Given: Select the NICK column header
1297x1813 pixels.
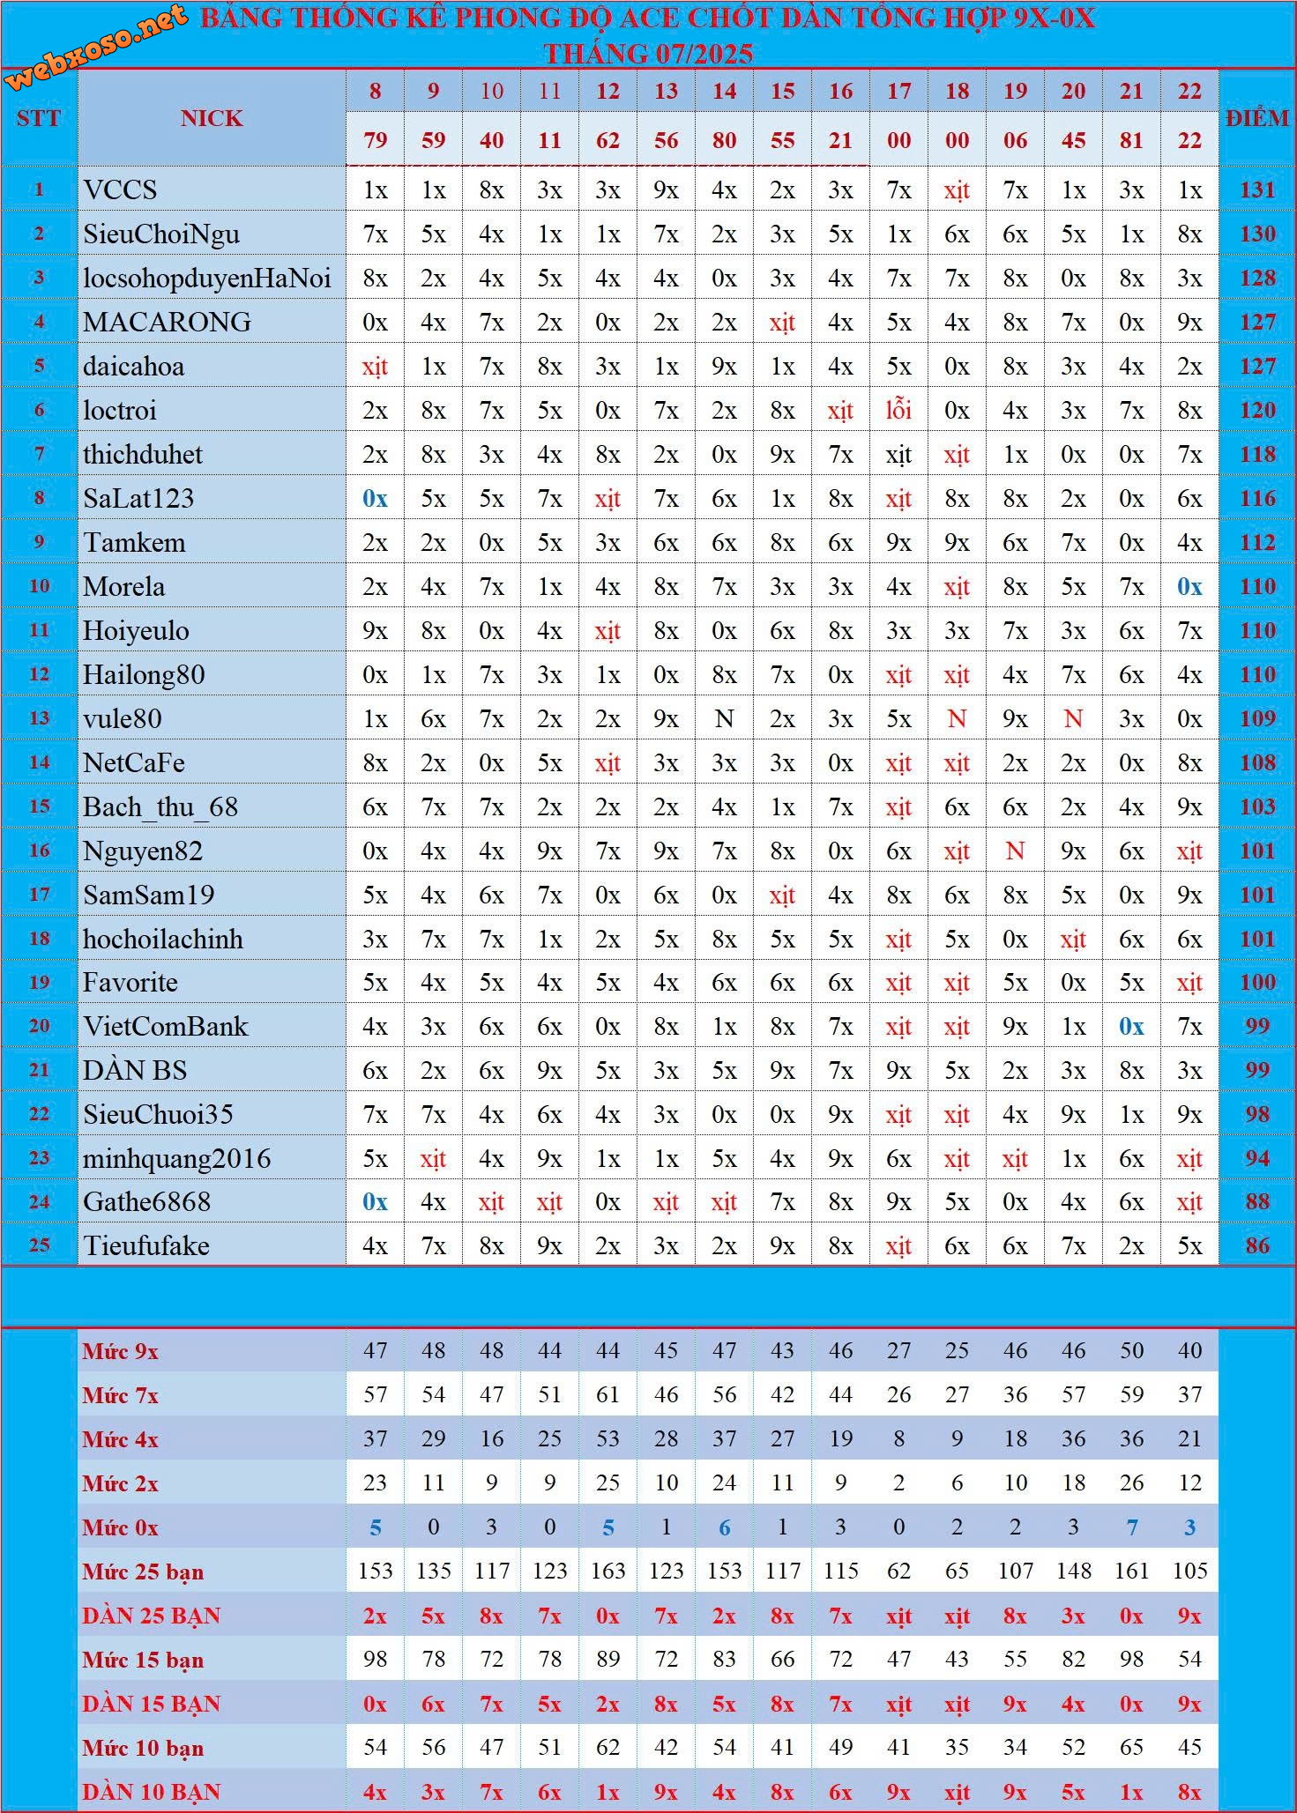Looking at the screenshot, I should coord(212,118).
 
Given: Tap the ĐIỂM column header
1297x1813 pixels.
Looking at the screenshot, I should coord(1256,118).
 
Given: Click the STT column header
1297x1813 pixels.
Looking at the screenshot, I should coord(39,118).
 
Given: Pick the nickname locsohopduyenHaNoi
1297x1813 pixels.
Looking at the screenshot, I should coord(207,279).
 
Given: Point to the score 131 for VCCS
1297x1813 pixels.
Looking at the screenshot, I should coord(1257,190).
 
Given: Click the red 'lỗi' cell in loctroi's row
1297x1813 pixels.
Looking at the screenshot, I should coord(898,411).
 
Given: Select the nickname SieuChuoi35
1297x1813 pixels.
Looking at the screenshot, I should coord(159,1115).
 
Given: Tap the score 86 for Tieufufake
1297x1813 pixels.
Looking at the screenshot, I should coord(1257,1246).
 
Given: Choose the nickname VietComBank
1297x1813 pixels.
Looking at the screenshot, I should coord(166,1027).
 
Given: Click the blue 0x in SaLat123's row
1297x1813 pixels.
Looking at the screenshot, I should coord(375,499).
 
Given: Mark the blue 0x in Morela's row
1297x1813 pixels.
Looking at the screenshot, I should coord(1189,587).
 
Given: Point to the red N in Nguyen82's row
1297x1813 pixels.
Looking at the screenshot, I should coord(1015,851).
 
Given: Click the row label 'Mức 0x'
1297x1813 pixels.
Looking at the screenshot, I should coord(121,1527).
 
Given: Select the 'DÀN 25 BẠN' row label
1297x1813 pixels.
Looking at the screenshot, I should coord(152,1616).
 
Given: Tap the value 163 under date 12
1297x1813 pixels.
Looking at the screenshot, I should coord(608,1572).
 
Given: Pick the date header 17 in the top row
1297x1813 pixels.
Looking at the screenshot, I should coord(898,91).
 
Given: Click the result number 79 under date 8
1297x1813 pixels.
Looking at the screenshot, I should coord(375,140).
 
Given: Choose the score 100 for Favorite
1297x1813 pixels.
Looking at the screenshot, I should coord(1257,983).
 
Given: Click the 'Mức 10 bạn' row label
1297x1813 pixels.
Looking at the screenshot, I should coord(143,1748).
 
